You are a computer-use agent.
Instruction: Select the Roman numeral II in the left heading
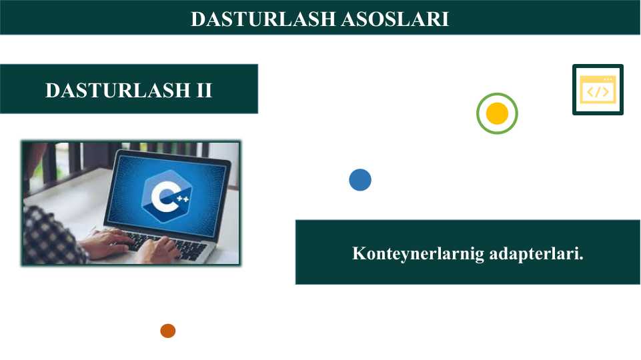point(204,90)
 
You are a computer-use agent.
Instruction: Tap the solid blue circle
point(360,180)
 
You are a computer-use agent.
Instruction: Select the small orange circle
point(167,331)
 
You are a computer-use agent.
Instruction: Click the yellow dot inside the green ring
point(497,113)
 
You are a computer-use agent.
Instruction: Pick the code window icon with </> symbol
point(598,91)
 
